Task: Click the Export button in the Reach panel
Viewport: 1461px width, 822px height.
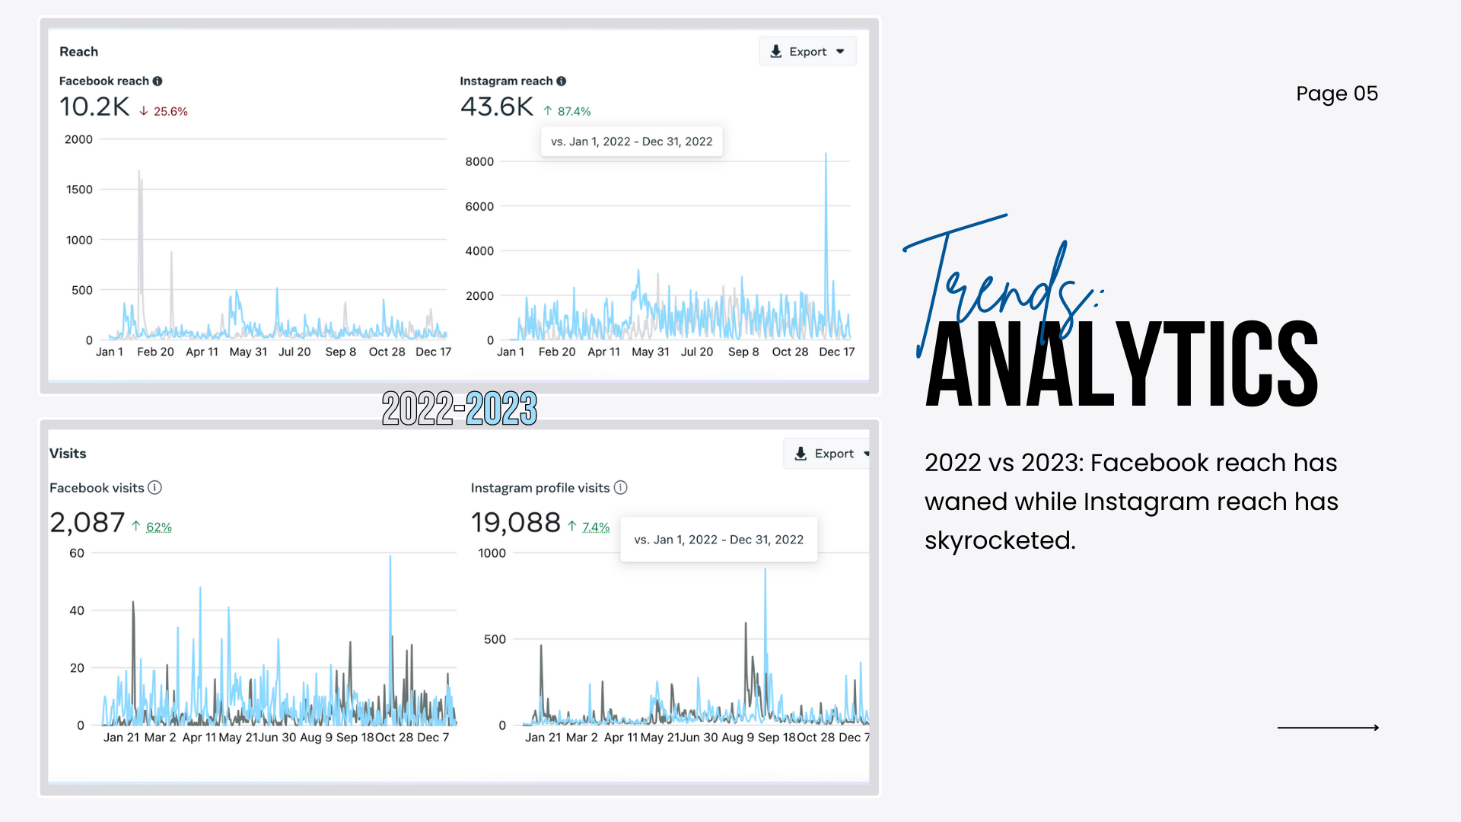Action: click(807, 52)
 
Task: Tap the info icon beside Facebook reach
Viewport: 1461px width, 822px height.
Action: click(158, 81)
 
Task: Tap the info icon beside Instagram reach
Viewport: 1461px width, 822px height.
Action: click(562, 81)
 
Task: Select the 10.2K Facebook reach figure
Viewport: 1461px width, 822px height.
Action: click(94, 107)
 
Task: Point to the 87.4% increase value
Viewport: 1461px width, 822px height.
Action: click(574, 111)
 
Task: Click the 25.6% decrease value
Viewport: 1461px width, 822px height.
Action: click(170, 111)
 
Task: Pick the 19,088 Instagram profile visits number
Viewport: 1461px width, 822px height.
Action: click(515, 522)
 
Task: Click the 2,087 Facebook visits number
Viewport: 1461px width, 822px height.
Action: click(87, 522)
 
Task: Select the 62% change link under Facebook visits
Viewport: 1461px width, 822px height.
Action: click(158, 527)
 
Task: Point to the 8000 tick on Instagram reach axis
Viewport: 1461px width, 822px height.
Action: click(479, 161)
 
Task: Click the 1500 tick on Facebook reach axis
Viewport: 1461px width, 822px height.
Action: click(79, 190)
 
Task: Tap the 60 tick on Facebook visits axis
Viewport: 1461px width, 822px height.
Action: click(77, 553)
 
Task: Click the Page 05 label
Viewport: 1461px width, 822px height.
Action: click(1336, 94)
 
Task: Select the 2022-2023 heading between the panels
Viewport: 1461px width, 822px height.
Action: click(460, 408)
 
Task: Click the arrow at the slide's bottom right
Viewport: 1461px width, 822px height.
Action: click(1328, 728)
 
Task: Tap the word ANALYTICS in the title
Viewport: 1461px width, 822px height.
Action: click(1122, 365)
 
